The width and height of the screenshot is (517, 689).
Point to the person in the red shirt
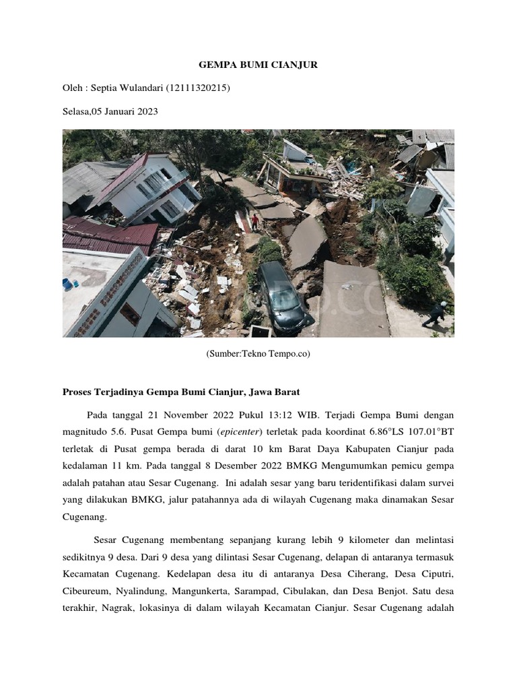click(255, 219)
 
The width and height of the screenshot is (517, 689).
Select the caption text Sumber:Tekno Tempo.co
click(258, 353)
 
